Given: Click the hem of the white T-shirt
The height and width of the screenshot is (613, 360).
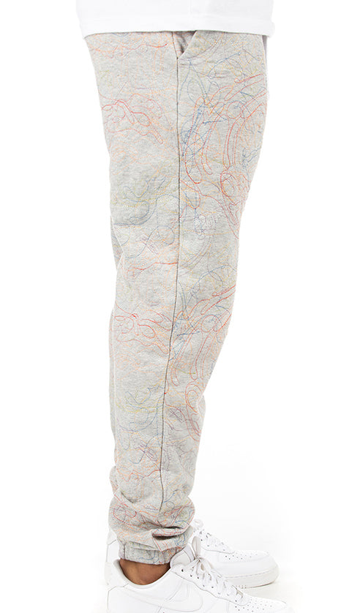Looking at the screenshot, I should coord(176,28).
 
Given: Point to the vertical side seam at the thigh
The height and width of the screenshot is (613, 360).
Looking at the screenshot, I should coord(176,183).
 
